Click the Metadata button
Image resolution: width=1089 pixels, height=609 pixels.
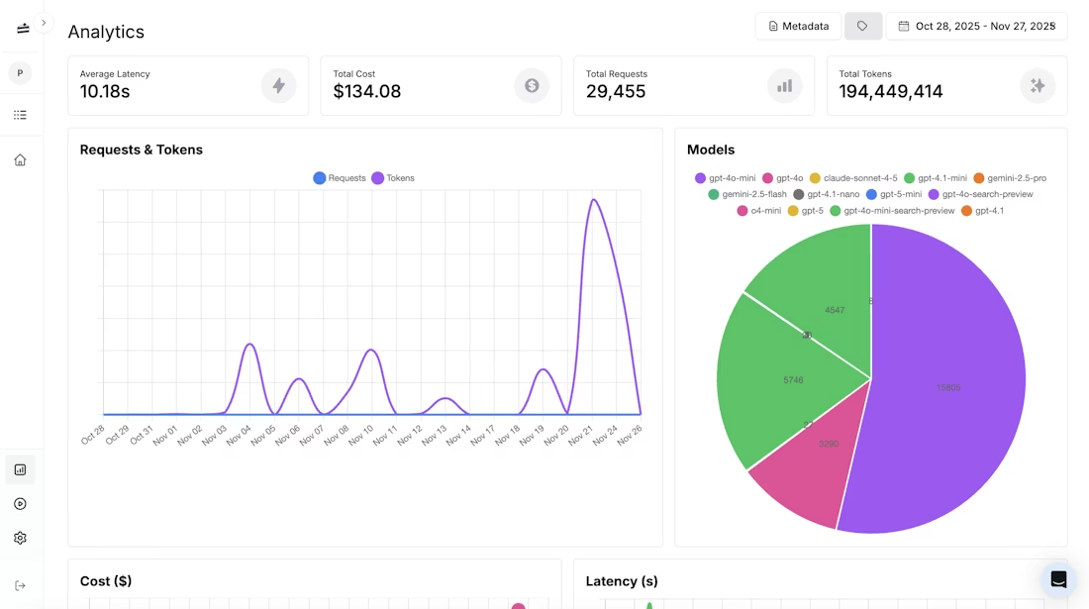tap(798, 26)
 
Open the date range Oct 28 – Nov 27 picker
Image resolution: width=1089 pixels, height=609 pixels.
tap(976, 26)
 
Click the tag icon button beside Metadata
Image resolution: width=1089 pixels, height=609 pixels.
tap(862, 26)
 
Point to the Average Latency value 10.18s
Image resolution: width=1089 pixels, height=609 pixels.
tap(105, 92)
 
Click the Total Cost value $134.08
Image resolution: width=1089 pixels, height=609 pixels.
tap(367, 92)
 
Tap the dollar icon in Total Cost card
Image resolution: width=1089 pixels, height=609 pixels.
tap(532, 86)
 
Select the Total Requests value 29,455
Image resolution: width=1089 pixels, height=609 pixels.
tap(616, 92)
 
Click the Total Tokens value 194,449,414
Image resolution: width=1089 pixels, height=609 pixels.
tap(891, 92)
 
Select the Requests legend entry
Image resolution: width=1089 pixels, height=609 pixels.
tap(340, 178)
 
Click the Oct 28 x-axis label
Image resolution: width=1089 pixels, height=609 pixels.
tap(92, 435)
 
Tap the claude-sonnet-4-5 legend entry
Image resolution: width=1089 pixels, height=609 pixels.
tap(853, 178)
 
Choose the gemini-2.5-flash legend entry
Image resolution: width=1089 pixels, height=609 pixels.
tap(747, 194)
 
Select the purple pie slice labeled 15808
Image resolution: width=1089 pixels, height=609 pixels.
tap(948, 387)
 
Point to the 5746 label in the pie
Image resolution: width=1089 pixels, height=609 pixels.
tap(793, 380)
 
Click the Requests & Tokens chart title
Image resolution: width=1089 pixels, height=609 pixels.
tap(142, 150)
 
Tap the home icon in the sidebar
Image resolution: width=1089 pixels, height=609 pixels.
tap(20, 159)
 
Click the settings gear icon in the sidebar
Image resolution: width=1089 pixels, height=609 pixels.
tap(20, 538)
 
